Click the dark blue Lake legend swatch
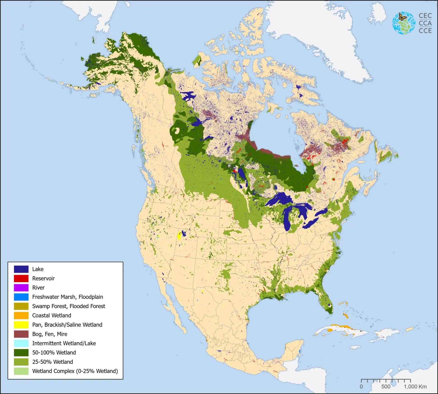(x=21, y=269)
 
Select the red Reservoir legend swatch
(x=21, y=278)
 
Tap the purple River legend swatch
(x=21, y=288)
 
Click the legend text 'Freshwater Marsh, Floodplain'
(x=68, y=297)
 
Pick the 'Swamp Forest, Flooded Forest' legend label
(x=69, y=306)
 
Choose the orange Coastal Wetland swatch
(x=21, y=316)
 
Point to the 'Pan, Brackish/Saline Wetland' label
(x=67, y=325)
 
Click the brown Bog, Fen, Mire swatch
(x=21, y=334)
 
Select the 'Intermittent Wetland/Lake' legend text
(x=64, y=343)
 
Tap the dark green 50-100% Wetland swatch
(x=21, y=353)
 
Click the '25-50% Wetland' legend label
(x=53, y=362)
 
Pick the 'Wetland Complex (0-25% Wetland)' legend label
(x=75, y=371)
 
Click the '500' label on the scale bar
(x=386, y=387)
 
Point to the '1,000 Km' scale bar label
(x=415, y=387)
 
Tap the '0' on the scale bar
(x=361, y=387)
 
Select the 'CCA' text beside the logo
(x=425, y=23)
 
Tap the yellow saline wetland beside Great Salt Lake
(x=179, y=236)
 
